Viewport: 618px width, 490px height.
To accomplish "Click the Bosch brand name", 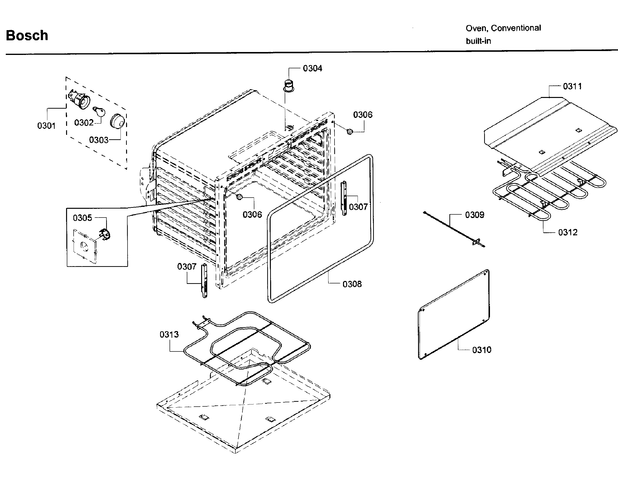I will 27,35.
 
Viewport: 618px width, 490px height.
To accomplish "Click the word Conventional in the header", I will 516,28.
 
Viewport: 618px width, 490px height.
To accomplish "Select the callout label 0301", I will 46,126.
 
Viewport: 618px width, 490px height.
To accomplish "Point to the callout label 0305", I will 82,218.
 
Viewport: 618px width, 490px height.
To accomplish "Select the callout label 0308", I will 352,284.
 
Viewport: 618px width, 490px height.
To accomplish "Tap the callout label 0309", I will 474,215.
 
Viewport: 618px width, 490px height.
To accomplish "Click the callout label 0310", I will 481,350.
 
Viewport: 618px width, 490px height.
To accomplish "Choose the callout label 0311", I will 572,86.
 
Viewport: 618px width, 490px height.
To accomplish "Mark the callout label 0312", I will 567,232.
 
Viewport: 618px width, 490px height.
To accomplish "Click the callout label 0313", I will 169,334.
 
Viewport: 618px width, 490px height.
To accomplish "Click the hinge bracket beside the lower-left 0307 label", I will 204,281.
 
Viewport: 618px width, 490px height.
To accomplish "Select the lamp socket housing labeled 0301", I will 79,99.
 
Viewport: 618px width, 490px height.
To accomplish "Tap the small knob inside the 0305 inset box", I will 105,235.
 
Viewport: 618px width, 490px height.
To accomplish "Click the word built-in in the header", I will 478,41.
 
